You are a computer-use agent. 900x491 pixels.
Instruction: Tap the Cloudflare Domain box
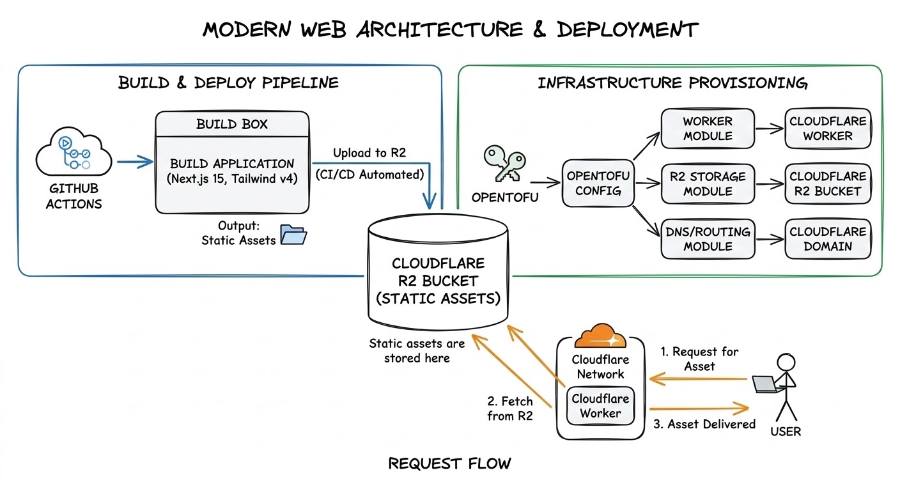(828, 238)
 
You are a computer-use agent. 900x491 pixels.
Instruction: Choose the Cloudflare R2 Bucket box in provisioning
(828, 183)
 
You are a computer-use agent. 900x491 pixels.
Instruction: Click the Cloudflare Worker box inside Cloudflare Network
(600, 406)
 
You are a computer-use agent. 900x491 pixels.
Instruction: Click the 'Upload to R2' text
(369, 153)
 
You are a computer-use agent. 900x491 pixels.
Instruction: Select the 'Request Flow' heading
(449, 464)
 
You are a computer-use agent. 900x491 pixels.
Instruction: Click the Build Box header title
(232, 123)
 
